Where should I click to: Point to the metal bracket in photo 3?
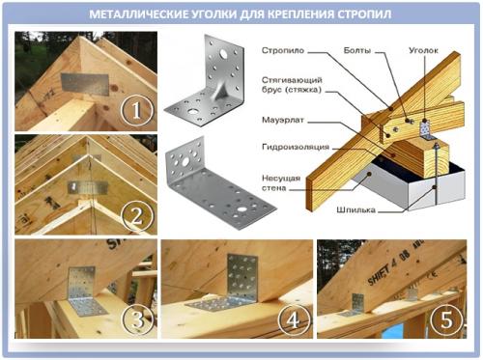[85, 291]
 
